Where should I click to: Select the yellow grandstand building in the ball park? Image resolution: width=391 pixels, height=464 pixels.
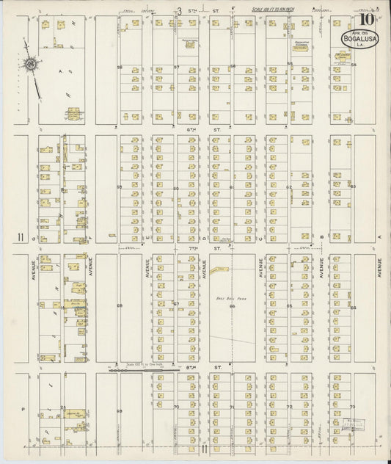point(218,271)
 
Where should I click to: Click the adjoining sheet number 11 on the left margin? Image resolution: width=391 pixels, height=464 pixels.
point(21,236)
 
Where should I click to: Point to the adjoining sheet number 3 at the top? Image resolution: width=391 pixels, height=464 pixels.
point(178,10)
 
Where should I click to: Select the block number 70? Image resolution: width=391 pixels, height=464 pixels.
point(176,405)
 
